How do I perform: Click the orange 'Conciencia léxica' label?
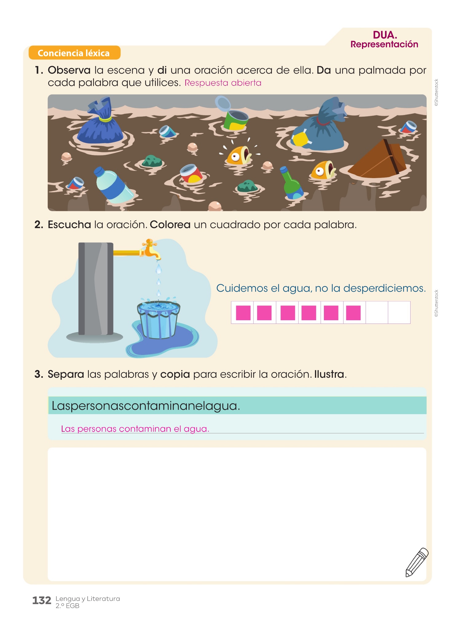pos(74,53)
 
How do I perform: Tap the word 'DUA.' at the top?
pos(385,35)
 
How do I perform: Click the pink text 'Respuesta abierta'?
pos(223,83)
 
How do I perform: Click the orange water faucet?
pos(151,249)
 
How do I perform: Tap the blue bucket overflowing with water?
pos(159,319)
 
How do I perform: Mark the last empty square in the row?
pos(399,313)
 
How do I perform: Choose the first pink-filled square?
pos(242,313)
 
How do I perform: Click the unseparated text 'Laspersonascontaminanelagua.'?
pos(146,406)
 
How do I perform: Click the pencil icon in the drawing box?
pos(417,562)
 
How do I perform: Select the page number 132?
pos(42,600)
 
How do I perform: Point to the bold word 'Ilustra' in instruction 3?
pos(329,374)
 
